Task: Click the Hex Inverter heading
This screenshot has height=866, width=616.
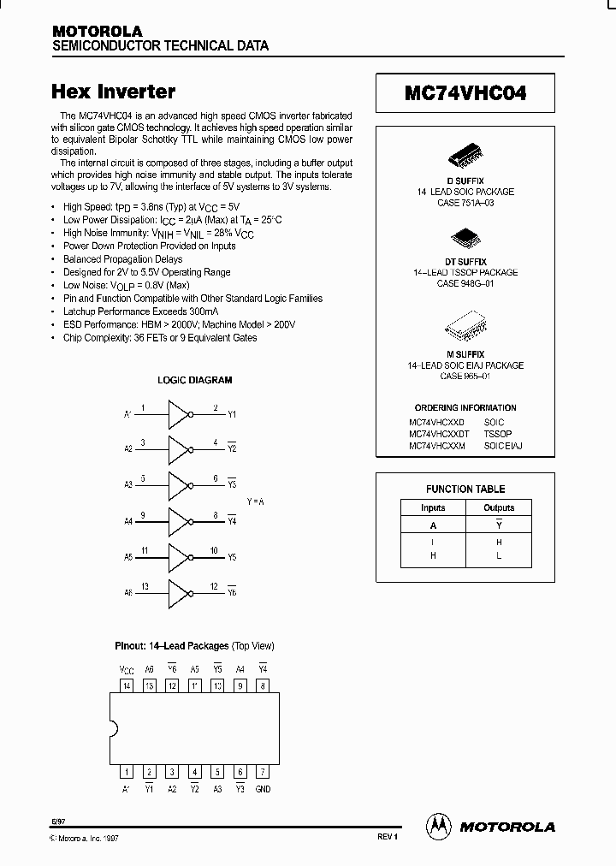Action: pyautogui.click(x=114, y=91)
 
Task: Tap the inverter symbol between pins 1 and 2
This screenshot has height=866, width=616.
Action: pyautogui.click(x=178, y=415)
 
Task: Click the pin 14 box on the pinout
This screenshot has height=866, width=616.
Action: pyautogui.click(x=127, y=685)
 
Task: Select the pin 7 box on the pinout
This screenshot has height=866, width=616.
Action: pyautogui.click(x=263, y=772)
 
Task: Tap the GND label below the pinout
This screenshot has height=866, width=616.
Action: pyautogui.click(x=263, y=789)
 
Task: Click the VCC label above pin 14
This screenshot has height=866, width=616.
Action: pyautogui.click(x=127, y=669)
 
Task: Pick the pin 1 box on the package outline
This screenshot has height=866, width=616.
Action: pyautogui.click(x=127, y=772)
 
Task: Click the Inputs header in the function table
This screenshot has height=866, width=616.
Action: pyautogui.click(x=433, y=507)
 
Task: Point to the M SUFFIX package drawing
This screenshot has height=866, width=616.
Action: pyautogui.click(x=465, y=329)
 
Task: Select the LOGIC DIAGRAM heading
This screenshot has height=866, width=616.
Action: pyautogui.click(x=195, y=380)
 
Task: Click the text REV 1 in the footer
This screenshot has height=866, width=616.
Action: pyautogui.click(x=388, y=836)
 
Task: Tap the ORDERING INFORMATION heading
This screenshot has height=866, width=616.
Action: pyautogui.click(x=465, y=408)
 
